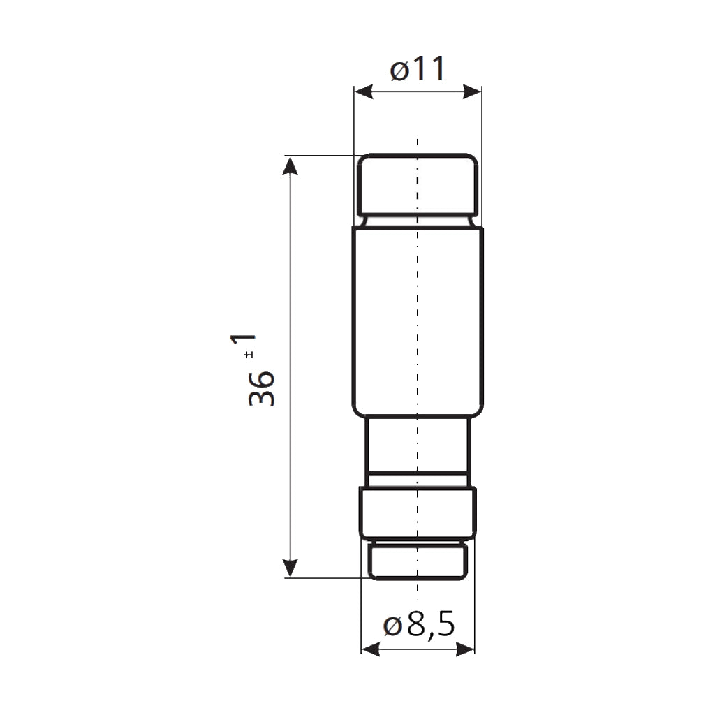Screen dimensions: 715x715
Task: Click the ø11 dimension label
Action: [418, 70]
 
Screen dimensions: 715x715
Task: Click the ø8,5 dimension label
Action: [419, 626]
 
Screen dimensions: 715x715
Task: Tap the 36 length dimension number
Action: [262, 389]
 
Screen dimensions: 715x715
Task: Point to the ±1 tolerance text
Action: [244, 348]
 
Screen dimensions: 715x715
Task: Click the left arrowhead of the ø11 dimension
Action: [363, 91]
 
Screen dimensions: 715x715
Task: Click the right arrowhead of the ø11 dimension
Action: [473, 91]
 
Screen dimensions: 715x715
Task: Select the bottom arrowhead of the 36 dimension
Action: [290, 568]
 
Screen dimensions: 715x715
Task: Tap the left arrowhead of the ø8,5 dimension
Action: [370, 649]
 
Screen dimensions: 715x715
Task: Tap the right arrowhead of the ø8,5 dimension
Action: [466, 649]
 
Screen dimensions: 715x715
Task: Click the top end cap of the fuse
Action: [418, 185]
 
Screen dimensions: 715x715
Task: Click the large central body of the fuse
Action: [418, 321]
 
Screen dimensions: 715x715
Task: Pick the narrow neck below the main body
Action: [418, 443]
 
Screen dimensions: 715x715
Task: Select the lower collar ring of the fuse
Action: [418, 513]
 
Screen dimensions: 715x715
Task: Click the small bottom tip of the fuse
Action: [418, 561]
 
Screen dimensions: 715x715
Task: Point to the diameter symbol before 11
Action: [399, 71]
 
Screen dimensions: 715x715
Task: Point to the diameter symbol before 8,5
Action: [392, 626]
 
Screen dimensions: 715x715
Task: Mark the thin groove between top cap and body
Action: [418, 221]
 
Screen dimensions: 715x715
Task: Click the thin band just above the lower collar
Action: [418, 479]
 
